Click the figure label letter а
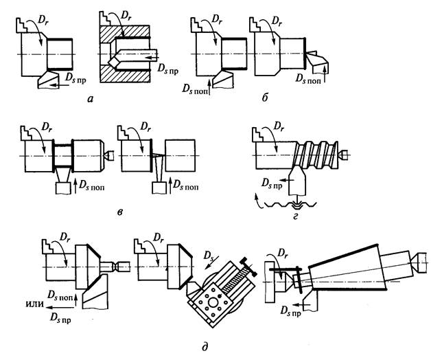click(90, 98)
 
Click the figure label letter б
click(265, 98)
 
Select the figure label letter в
click(120, 212)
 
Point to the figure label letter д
click(205, 346)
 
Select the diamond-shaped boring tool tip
click(114, 63)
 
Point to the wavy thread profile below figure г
click(290, 205)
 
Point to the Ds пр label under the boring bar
click(168, 69)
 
